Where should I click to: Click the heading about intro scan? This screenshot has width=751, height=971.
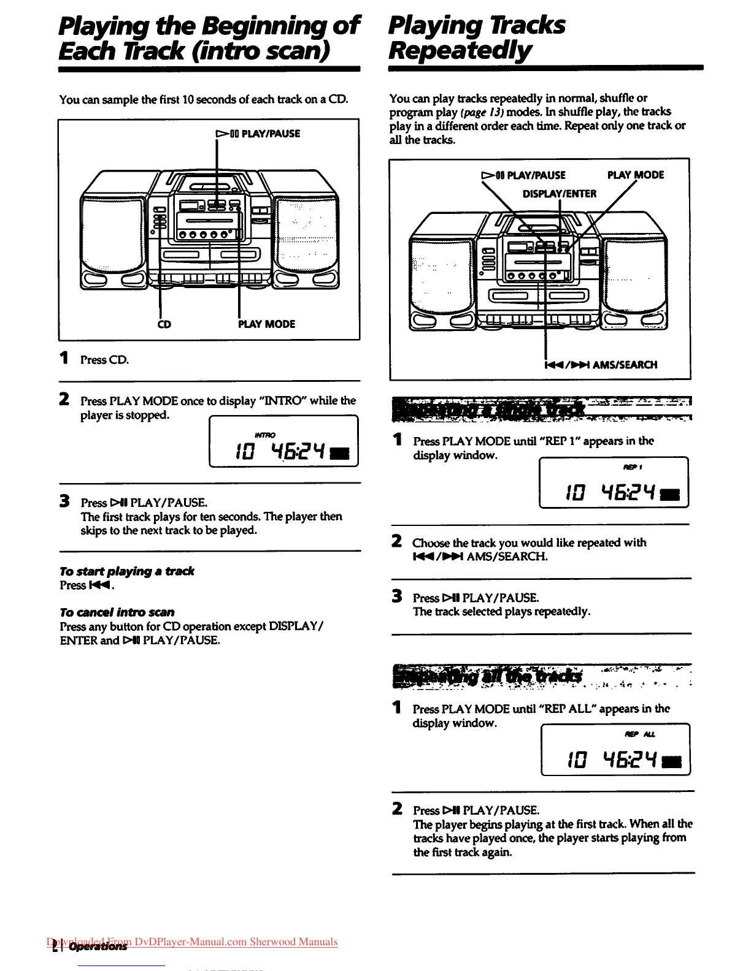[209, 37]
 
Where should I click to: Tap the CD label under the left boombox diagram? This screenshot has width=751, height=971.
[164, 324]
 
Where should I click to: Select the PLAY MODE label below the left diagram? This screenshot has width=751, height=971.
[266, 324]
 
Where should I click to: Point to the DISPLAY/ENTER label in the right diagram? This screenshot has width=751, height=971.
[559, 194]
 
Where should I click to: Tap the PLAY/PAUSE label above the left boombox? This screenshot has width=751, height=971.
[258, 134]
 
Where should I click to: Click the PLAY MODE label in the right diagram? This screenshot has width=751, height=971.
[635, 175]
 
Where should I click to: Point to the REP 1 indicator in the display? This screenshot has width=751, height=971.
[633, 467]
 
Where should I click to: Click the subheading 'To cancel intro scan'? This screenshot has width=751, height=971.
[117, 612]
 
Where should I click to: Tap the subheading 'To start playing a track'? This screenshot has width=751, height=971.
[127, 571]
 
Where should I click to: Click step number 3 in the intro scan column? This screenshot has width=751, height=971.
[64, 501]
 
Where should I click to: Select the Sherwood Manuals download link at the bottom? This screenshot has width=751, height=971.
[193, 942]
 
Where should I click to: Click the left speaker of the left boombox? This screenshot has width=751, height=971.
[114, 230]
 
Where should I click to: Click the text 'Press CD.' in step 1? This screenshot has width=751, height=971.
[105, 360]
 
